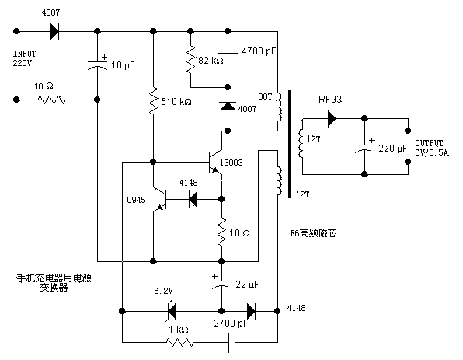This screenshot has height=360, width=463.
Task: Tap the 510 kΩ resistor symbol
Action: pyautogui.click(x=153, y=99)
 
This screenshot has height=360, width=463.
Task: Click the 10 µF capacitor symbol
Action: pyautogui.click(x=97, y=63)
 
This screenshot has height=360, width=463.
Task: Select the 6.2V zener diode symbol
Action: pyautogui.click(x=169, y=311)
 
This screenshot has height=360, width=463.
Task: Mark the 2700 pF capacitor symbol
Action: pyautogui.click(x=231, y=341)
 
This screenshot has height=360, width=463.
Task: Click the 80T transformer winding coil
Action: pyautogui.click(x=278, y=110)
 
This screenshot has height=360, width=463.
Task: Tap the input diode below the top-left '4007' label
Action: pyautogui.click(x=54, y=32)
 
